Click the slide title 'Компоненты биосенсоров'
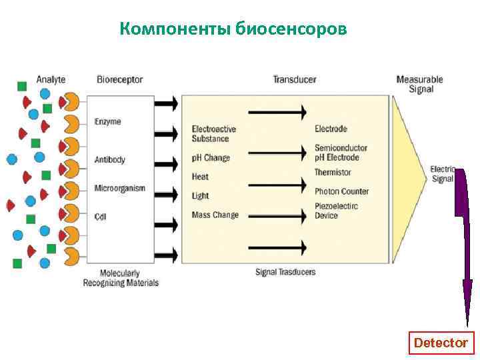point(233,29)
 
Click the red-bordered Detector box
point(441,343)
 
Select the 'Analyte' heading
point(51,79)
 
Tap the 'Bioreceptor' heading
point(119,79)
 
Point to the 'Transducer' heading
point(294,79)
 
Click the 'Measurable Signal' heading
point(419,84)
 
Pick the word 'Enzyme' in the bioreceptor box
point(108,122)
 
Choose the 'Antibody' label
point(110,160)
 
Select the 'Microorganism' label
point(119,188)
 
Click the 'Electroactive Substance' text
point(213,133)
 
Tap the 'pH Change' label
point(211,158)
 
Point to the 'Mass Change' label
point(215,215)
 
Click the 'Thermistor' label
point(333,173)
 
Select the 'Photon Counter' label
point(341,191)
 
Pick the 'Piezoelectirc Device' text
point(336,211)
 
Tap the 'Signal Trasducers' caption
point(285,272)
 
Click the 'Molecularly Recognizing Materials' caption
point(121,278)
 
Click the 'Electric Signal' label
point(442,174)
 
